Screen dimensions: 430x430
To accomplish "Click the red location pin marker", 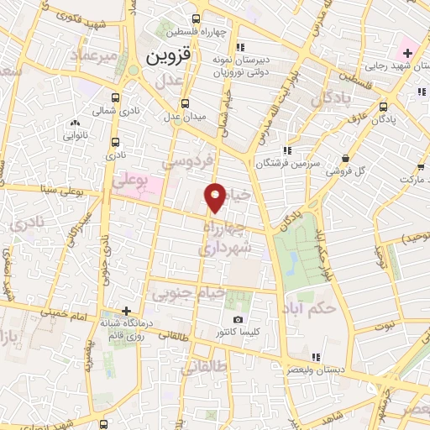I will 216,197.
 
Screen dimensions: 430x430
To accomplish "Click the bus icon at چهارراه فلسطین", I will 196,18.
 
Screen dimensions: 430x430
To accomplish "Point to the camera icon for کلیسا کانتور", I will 239,320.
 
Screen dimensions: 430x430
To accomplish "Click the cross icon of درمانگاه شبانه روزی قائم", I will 126,310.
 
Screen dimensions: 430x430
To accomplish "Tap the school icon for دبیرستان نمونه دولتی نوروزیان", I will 240,48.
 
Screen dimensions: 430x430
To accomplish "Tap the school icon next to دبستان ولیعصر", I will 316,358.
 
